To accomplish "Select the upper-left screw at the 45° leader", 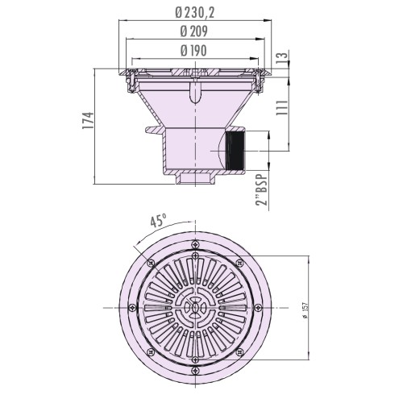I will point(148,261).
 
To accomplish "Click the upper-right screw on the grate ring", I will point(239,261).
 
